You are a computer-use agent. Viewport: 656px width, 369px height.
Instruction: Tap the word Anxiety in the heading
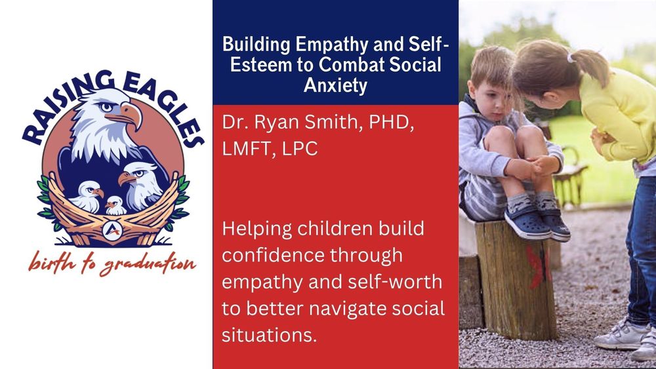[x=335, y=85]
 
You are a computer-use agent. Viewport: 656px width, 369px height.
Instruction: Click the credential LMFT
[x=245, y=148]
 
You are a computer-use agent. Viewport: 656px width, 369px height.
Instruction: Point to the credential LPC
[x=298, y=148]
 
